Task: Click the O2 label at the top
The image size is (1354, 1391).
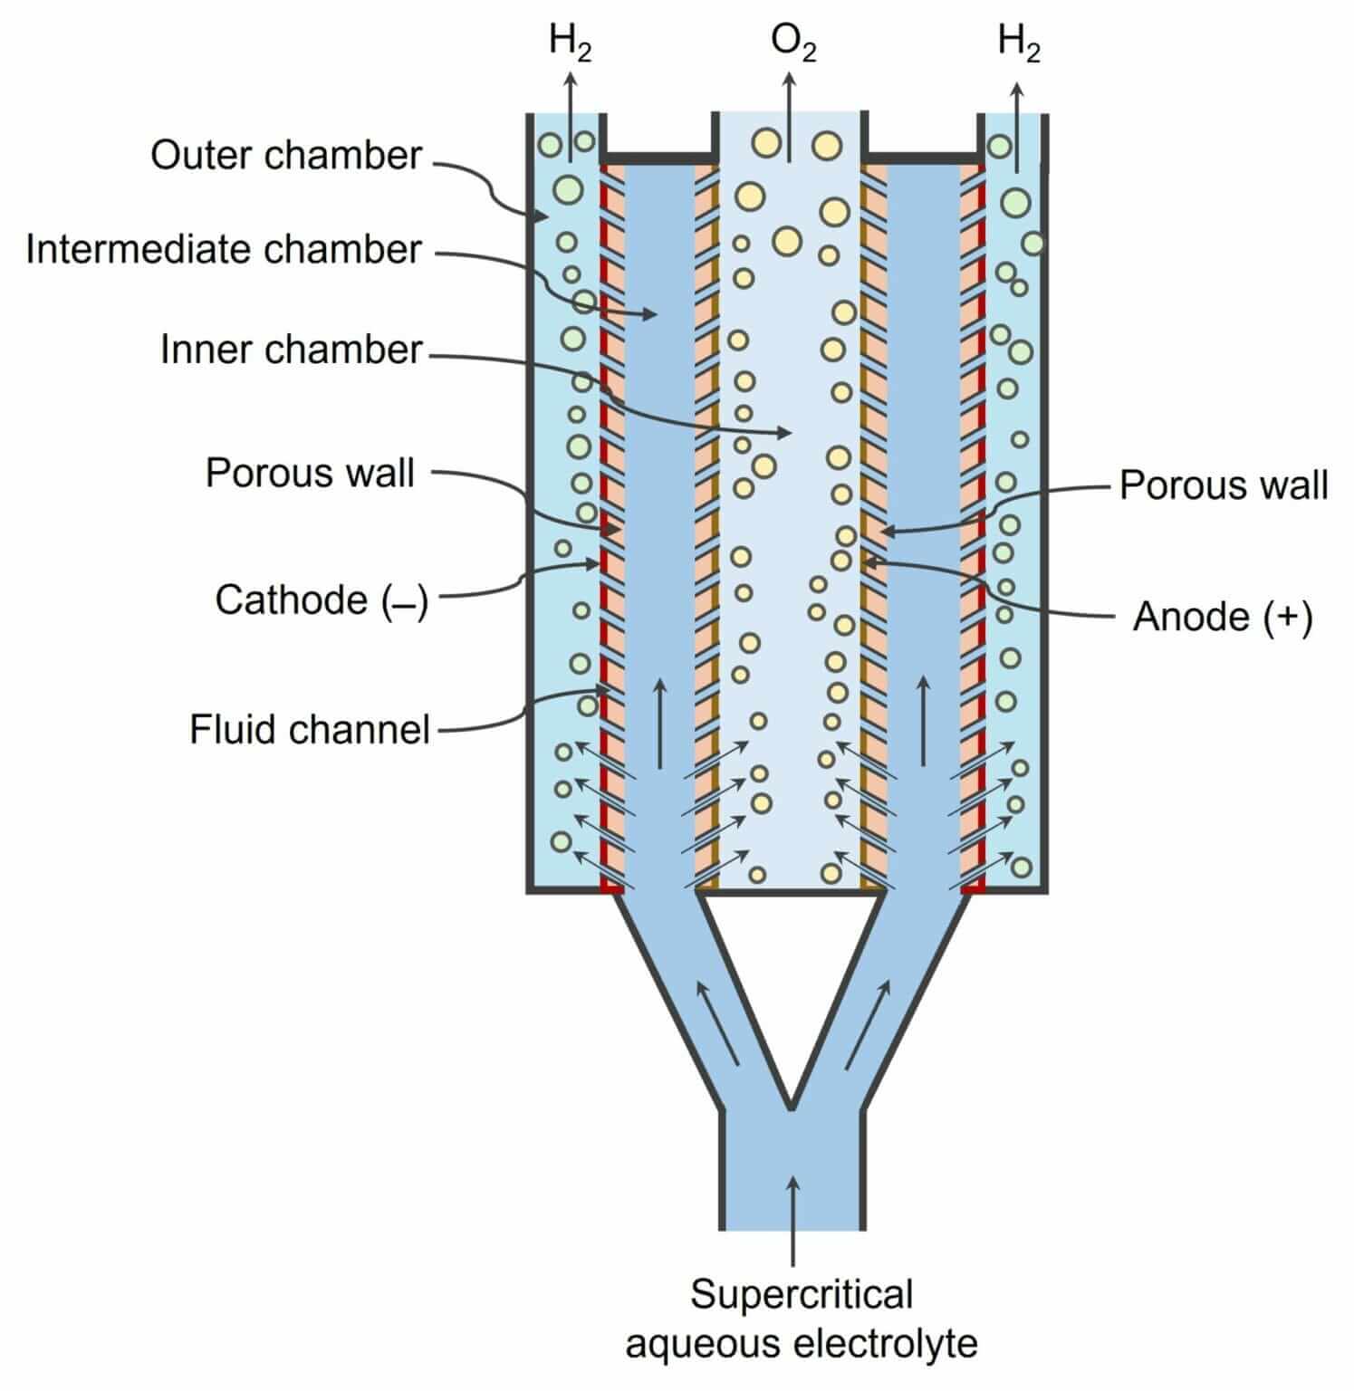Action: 792,43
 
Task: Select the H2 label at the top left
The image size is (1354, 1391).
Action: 570,43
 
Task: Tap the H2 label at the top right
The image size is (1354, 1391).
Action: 1018,43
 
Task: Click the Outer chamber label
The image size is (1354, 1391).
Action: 285,156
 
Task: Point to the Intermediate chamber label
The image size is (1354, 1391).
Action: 224,250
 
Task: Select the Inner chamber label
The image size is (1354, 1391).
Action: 291,350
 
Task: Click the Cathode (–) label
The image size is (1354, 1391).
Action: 321,600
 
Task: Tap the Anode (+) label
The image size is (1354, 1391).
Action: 1222,618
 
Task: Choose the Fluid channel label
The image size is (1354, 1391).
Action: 309,729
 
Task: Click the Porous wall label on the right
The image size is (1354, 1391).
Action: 1223,485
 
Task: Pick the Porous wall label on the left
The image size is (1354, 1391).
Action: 310,474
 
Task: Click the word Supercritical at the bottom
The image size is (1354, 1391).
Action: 802,1294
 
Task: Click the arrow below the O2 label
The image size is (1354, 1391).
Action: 790,118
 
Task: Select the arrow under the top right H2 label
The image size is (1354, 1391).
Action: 1017,127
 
